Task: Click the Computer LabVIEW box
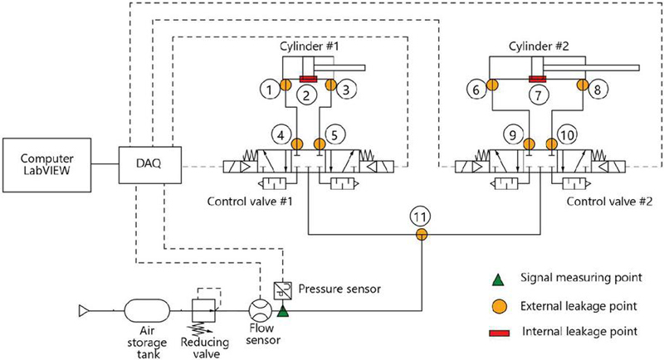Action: coord(47,165)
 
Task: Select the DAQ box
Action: coord(150,165)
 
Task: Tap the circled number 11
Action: coord(420,217)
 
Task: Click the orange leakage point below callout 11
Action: coord(421,234)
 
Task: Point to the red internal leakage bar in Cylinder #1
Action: coord(308,79)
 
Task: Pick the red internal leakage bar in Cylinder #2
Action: coord(538,79)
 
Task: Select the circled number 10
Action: coord(567,135)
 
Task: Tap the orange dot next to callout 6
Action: coord(491,85)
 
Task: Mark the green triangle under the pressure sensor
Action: coord(282,312)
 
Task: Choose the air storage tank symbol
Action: coord(147,312)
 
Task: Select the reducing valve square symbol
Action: coord(203,311)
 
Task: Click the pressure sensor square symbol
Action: coord(282,290)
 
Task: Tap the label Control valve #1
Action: coord(250,201)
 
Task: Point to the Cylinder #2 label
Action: coord(539,46)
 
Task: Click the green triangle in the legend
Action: coord(499,280)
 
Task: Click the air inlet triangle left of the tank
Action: coord(83,311)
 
